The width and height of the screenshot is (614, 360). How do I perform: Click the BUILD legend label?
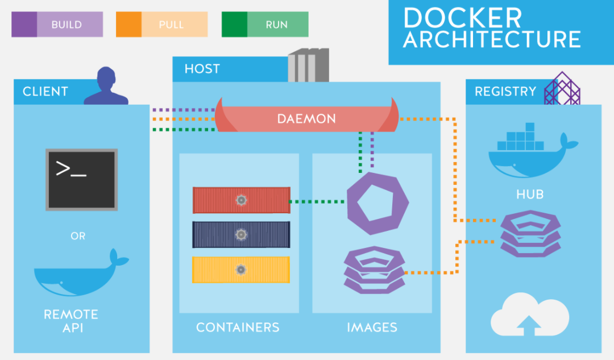click(67, 25)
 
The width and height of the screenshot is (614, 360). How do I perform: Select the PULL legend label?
click(171, 25)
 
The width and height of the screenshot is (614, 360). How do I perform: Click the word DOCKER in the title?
click(462, 18)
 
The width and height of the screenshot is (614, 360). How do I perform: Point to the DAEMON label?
click(306, 119)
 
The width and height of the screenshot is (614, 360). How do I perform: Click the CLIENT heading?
click(45, 92)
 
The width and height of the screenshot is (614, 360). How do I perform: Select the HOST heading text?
click(202, 69)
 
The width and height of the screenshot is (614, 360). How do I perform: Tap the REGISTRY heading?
click(505, 92)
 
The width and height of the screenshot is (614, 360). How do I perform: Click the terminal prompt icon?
click(82, 179)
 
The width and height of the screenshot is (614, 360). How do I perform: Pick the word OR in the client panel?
click(78, 235)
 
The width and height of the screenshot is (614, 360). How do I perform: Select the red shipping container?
click(241, 200)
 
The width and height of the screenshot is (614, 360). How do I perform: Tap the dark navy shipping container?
click(241, 234)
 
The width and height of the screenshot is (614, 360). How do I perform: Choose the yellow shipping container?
click(241, 270)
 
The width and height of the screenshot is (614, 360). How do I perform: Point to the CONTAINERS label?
click(238, 328)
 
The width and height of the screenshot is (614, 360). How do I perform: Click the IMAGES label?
click(372, 328)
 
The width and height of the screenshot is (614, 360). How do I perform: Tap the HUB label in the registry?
click(530, 195)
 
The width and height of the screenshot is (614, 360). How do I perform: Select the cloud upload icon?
click(530, 316)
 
